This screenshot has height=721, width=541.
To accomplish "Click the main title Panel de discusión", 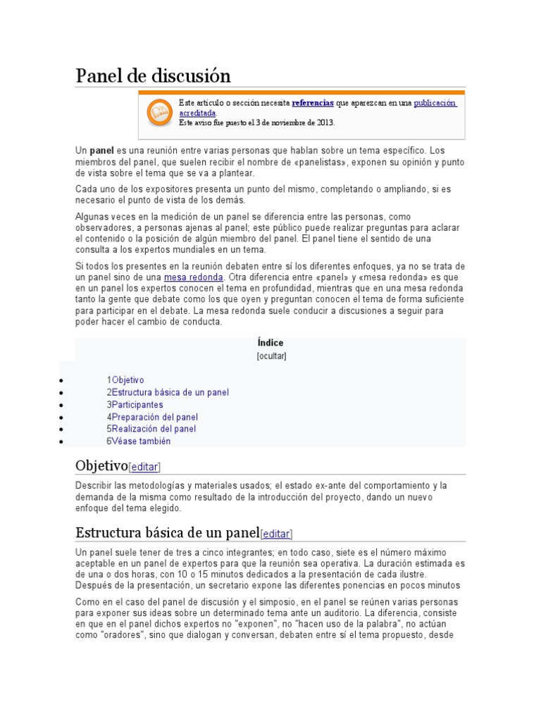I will (153, 75).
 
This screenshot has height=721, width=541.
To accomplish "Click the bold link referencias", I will (312, 103).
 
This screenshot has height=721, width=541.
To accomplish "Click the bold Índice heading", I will (270, 343).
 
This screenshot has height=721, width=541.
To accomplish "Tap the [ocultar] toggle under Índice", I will (271, 356).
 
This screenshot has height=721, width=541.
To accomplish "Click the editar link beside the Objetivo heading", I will (145, 467).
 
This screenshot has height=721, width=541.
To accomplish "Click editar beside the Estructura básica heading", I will (276, 534).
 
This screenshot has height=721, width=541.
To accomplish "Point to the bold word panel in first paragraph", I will (101, 151).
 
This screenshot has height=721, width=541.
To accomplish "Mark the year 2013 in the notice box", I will (324, 122).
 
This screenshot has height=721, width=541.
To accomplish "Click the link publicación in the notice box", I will (435, 103).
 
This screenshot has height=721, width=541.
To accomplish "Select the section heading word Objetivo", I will (101, 465).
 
